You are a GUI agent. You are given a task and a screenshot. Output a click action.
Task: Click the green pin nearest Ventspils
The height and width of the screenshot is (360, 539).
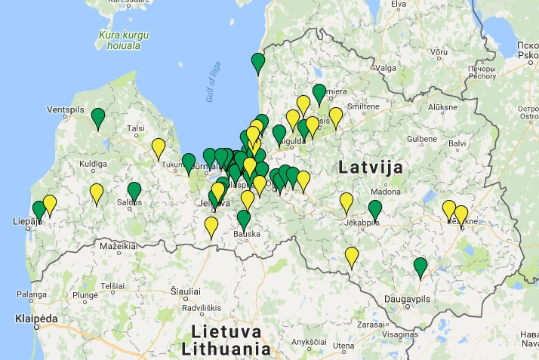98,118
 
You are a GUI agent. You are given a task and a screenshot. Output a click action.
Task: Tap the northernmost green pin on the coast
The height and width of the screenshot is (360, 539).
258,63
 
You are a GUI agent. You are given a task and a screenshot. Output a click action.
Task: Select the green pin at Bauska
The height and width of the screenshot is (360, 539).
243,220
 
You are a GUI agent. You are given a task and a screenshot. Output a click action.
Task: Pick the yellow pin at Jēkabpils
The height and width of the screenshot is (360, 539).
346,202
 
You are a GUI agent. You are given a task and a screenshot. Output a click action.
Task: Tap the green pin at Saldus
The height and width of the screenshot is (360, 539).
134,192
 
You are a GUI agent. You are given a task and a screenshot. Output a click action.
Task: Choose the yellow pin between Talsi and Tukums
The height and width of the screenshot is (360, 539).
159,148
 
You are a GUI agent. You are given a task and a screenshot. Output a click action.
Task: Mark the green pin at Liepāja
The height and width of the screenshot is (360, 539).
39,210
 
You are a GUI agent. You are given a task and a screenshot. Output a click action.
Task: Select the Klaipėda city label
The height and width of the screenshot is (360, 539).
36,319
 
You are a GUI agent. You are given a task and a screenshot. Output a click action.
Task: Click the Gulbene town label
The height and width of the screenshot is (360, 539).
422,139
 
